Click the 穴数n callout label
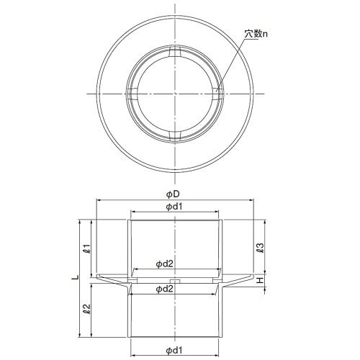tap(256, 34)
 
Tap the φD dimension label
tap(174, 194)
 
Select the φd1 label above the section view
tap(174, 207)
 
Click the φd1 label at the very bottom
tap(174, 351)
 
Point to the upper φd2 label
tap(165, 264)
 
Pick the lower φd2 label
tap(165, 289)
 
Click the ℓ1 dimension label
tap(86, 248)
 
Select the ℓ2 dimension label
tap(86, 309)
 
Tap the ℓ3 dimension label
tap(260, 248)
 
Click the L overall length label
tap(76, 277)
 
